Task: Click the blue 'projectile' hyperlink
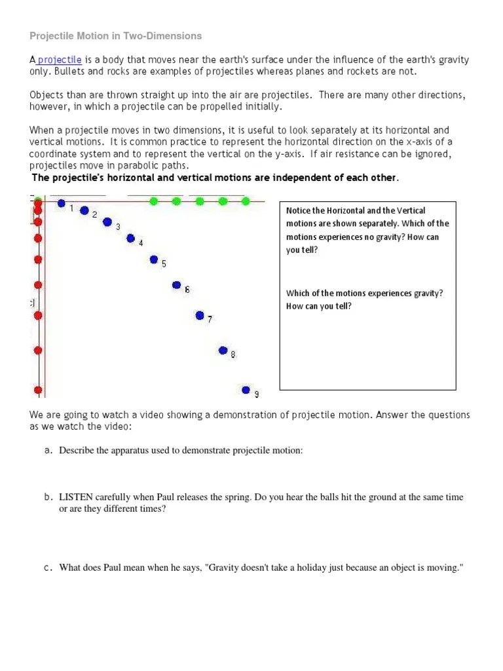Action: click(59, 60)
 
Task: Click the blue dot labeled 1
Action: click(62, 204)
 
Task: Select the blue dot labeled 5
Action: click(154, 259)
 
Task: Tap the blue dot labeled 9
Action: click(246, 390)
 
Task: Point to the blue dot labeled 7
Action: click(200, 315)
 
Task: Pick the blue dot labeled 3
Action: click(107, 222)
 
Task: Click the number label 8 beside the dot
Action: click(233, 355)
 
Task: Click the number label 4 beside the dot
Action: click(141, 243)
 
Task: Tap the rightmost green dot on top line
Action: click(246, 201)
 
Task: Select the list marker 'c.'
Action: click(48, 567)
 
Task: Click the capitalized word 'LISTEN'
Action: click(76, 497)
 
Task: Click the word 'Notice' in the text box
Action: click(298, 211)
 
